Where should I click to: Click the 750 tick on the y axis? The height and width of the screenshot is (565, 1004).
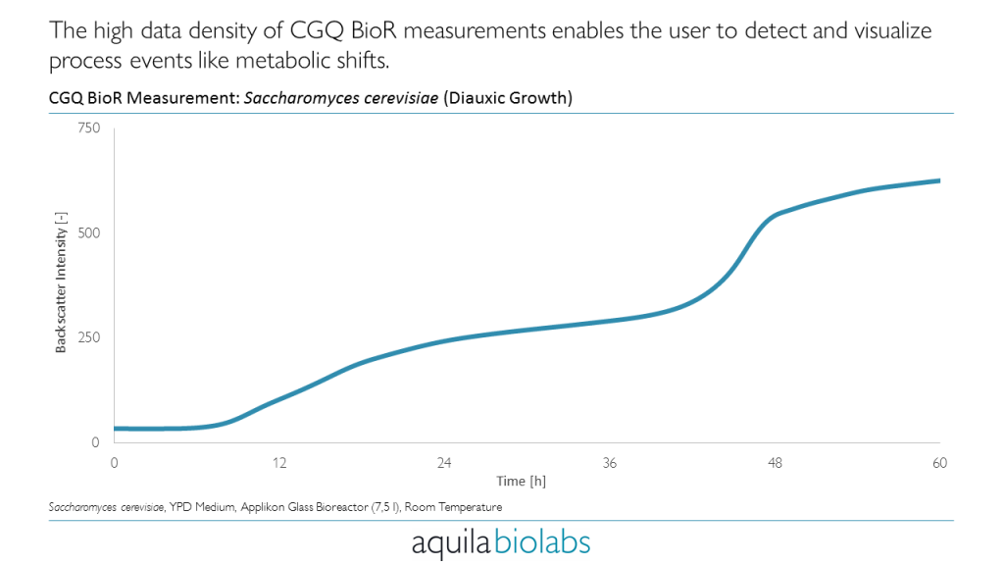(x=88, y=128)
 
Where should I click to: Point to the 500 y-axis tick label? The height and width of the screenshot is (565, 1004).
(x=88, y=233)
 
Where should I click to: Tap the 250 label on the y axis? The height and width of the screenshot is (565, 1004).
(x=88, y=337)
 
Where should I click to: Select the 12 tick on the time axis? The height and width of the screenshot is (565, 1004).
(x=279, y=463)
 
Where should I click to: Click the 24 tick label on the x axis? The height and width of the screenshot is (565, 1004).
(x=444, y=463)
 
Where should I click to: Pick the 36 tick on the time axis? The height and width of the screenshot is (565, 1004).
(x=610, y=463)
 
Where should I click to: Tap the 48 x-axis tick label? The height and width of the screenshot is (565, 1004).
(x=775, y=463)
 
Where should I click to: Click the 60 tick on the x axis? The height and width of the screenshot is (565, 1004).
(x=939, y=463)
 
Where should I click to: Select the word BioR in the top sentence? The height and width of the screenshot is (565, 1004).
(x=370, y=30)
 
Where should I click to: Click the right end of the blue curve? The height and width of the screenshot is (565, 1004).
(x=939, y=180)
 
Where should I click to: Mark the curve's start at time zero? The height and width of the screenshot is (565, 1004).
(x=116, y=429)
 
